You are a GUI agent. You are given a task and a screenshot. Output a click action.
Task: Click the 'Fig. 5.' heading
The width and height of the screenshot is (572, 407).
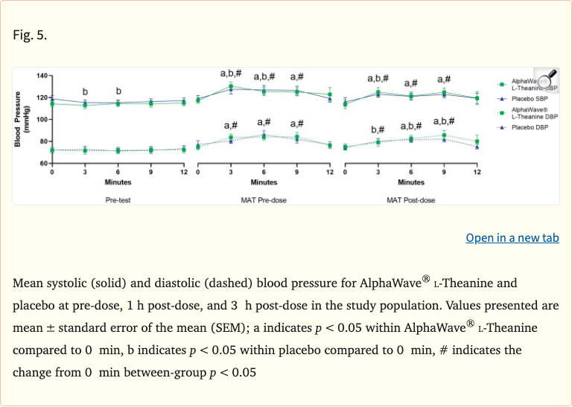pos(30,35)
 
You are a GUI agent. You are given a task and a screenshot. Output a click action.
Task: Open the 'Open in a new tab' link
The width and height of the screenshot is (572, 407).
pos(512,238)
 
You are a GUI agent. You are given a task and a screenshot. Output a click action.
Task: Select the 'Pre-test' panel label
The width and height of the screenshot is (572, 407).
pos(118,200)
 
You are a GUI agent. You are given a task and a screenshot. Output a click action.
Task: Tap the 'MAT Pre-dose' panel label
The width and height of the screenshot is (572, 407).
pos(264,200)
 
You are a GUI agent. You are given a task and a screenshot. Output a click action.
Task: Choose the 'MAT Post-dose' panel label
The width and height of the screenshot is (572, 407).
pos(410,200)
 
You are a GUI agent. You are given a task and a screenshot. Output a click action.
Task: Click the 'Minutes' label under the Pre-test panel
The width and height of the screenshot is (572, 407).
pos(118,182)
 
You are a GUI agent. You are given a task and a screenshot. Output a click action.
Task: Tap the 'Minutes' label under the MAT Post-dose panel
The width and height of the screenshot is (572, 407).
pos(410,182)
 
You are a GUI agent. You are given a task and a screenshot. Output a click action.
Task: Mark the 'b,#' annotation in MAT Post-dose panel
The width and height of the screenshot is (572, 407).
pos(378,130)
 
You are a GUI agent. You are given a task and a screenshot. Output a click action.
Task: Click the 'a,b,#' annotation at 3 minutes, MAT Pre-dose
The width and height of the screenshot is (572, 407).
pos(231,73)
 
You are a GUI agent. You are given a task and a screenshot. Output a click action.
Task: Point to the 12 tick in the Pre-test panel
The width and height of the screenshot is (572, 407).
pos(183,172)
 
